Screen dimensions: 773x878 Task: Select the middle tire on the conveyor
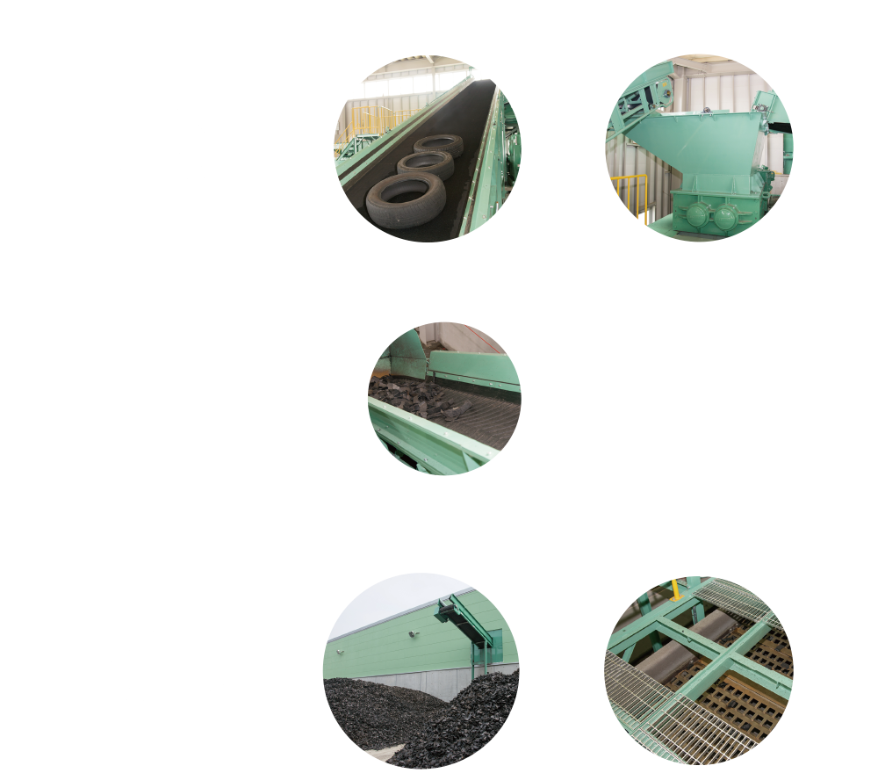tap(425, 164)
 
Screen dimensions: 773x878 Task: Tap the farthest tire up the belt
tap(439, 145)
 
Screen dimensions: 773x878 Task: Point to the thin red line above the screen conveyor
tap(481, 337)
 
